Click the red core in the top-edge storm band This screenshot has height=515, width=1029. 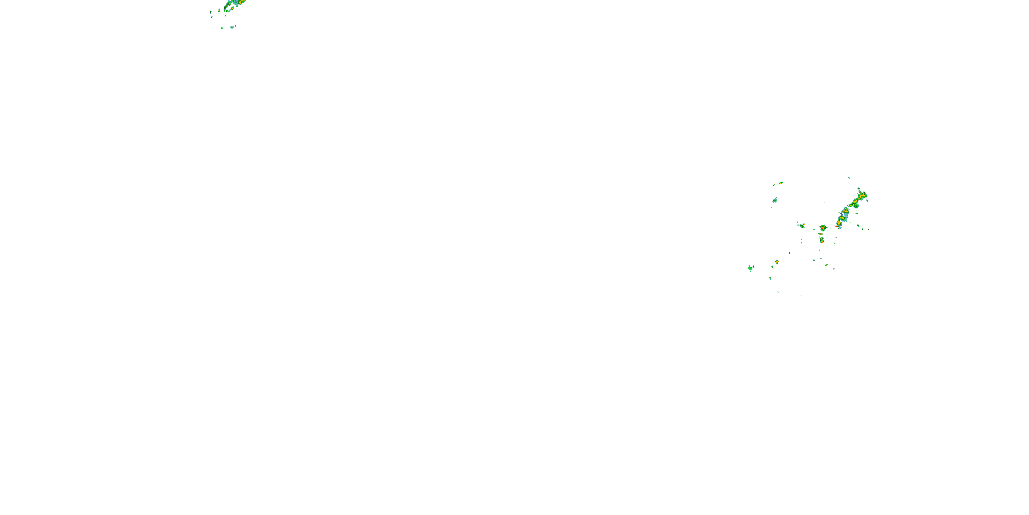(x=240, y=2)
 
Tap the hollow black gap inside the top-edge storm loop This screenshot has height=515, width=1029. (x=230, y=7)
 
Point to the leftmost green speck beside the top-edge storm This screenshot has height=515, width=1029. (x=211, y=12)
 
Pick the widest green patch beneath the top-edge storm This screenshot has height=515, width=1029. (x=233, y=27)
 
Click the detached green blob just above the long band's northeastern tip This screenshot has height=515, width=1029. (x=859, y=188)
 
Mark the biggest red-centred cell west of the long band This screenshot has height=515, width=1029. (x=823, y=228)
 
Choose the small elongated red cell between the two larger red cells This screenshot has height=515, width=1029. (x=820, y=234)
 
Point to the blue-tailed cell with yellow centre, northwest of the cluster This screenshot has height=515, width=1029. (x=775, y=199)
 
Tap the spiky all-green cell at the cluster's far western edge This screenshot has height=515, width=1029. (x=750, y=268)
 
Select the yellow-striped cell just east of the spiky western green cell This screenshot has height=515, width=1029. (x=777, y=262)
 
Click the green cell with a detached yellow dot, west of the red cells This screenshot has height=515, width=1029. (x=801, y=226)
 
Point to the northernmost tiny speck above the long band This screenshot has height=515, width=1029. (x=849, y=178)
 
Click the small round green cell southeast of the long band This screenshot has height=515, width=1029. (x=858, y=226)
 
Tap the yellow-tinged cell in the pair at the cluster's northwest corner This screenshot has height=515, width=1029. (x=781, y=183)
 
